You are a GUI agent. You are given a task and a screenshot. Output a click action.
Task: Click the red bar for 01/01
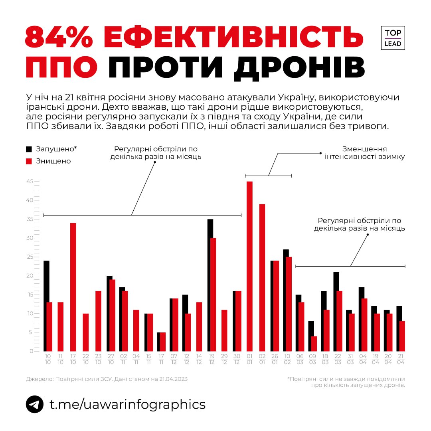pos(249,266)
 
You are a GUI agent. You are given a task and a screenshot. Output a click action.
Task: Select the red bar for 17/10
pos(73,287)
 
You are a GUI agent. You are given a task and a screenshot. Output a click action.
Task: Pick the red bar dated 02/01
pos(262,277)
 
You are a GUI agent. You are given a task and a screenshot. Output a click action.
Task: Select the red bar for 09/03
pos(314,344)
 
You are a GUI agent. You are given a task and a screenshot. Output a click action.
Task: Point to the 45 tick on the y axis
pos(31,182)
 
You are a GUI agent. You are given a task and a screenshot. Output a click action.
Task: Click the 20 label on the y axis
pos(31,276)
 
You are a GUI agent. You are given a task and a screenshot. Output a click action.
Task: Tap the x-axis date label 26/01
pos(275,359)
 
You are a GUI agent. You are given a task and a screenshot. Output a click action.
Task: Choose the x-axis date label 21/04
pos(400,359)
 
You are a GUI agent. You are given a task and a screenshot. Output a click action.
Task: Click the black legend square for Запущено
pos(29,149)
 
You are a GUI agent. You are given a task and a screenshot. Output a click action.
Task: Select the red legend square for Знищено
pos(29,161)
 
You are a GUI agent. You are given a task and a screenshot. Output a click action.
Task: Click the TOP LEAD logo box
pos(393,38)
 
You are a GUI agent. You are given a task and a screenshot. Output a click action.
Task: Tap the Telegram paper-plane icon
pos(35,404)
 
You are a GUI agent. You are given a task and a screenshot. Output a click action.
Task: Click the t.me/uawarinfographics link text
pos(127,404)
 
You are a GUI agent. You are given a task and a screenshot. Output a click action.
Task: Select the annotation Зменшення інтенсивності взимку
pos(365,153)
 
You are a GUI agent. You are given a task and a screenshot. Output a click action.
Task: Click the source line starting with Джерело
pos(107,379)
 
